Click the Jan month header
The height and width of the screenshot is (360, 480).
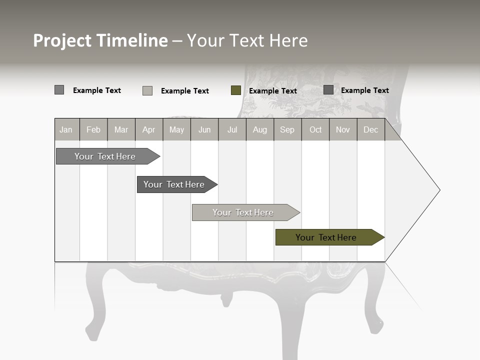click(x=66, y=129)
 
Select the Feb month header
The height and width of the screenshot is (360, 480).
click(x=93, y=129)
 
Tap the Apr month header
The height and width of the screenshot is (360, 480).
click(x=148, y=129)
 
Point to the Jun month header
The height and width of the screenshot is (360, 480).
click(x=204, y=129)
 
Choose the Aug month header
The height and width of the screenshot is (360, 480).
click(x=259, y=129)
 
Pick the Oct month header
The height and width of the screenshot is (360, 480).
click(x=315, y=129)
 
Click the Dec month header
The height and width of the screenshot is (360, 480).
click(x=370, y=129)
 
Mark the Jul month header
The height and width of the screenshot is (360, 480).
click(x=232, y=129)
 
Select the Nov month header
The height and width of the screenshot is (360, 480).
click(x=343, y=129)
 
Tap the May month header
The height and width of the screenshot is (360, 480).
click(x=176, y=129)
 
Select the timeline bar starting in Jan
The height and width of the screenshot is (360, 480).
click(x=105, y=156)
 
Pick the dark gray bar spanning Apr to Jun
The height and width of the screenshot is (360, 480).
click(x=174, y=184)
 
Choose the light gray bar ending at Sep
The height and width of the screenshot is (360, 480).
click(x=243, y=212)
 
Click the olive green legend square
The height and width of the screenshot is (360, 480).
click(x=236, y=90)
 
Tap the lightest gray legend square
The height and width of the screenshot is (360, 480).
click(x=147, y=90)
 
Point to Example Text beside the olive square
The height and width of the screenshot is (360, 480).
click(x=272, y=91)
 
